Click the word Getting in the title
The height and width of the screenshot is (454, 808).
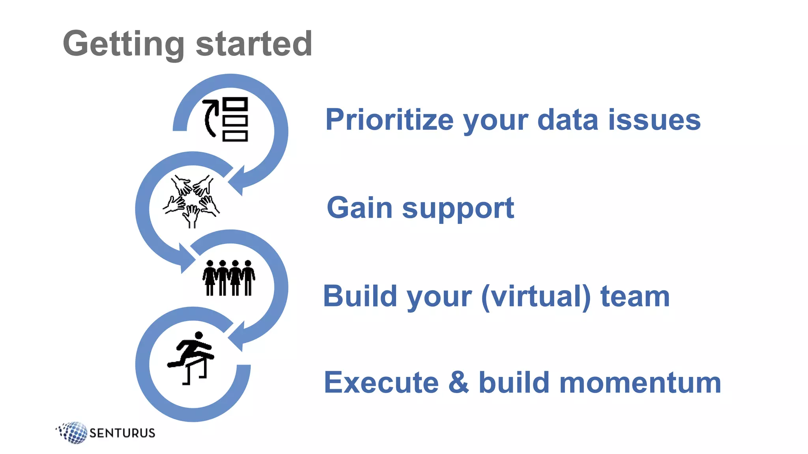(123, 44)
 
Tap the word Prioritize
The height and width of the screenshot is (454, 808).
(389, 120)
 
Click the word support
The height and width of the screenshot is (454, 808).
(458, 209)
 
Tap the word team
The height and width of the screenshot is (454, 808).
(635, 296)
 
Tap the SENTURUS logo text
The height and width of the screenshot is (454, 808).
(122, 433)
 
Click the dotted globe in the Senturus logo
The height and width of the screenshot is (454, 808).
(73, 432)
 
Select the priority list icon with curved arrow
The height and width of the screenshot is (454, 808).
(226, 119)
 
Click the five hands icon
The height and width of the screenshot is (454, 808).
(192, 201)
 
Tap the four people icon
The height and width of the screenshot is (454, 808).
(229, 277)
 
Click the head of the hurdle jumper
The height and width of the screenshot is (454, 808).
(199, 335)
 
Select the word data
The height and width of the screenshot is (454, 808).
(568, 120)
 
